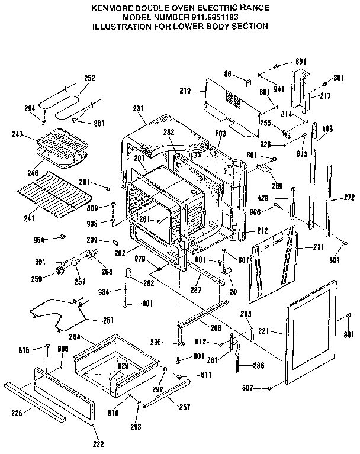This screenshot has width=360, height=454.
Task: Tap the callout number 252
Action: pyautogui.click(x=89, y=78)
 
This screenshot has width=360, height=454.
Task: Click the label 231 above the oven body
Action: pyautogui.click(x=139, y=108)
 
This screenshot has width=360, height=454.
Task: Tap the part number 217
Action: pyautogui.click(x=325, y=95)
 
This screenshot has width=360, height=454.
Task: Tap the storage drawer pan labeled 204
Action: pyautogui.click(x=115, y=361)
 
